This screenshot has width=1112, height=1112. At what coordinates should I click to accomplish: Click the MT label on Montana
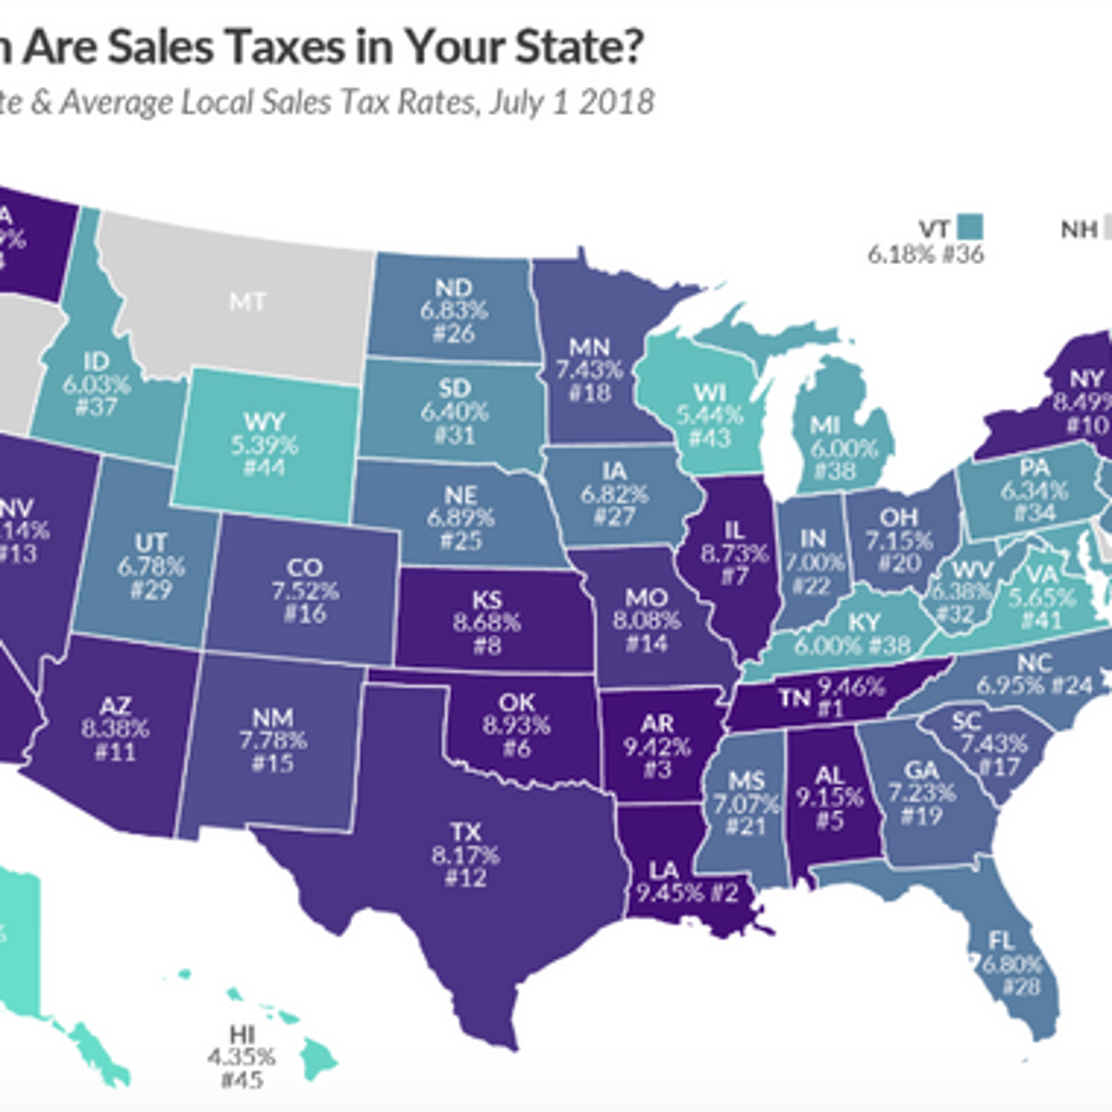246,301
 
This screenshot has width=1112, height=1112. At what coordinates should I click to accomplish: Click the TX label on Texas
465,830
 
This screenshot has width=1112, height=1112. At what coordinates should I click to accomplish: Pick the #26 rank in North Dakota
454,333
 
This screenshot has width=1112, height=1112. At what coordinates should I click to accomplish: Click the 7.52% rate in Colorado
305,590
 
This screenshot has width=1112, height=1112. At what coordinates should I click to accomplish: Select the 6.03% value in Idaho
96,384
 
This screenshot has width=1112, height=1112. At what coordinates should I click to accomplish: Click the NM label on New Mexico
272,717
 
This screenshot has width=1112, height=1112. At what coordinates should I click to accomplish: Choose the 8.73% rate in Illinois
734,553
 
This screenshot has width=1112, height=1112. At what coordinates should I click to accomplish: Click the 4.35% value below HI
242,1057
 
